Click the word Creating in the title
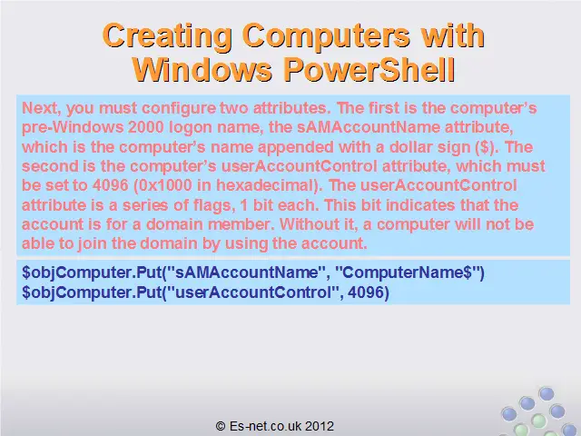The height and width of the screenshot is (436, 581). (167, 36)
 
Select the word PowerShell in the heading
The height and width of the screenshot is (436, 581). (369, 70)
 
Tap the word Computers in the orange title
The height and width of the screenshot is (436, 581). (326, 36)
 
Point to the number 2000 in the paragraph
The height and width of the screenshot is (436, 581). (146, 127)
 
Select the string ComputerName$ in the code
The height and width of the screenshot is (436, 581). (408, 272)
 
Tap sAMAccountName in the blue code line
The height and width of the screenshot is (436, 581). (246, 272)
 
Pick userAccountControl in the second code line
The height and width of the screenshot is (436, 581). (252, 292)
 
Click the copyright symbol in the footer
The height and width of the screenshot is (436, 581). (221, 426)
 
